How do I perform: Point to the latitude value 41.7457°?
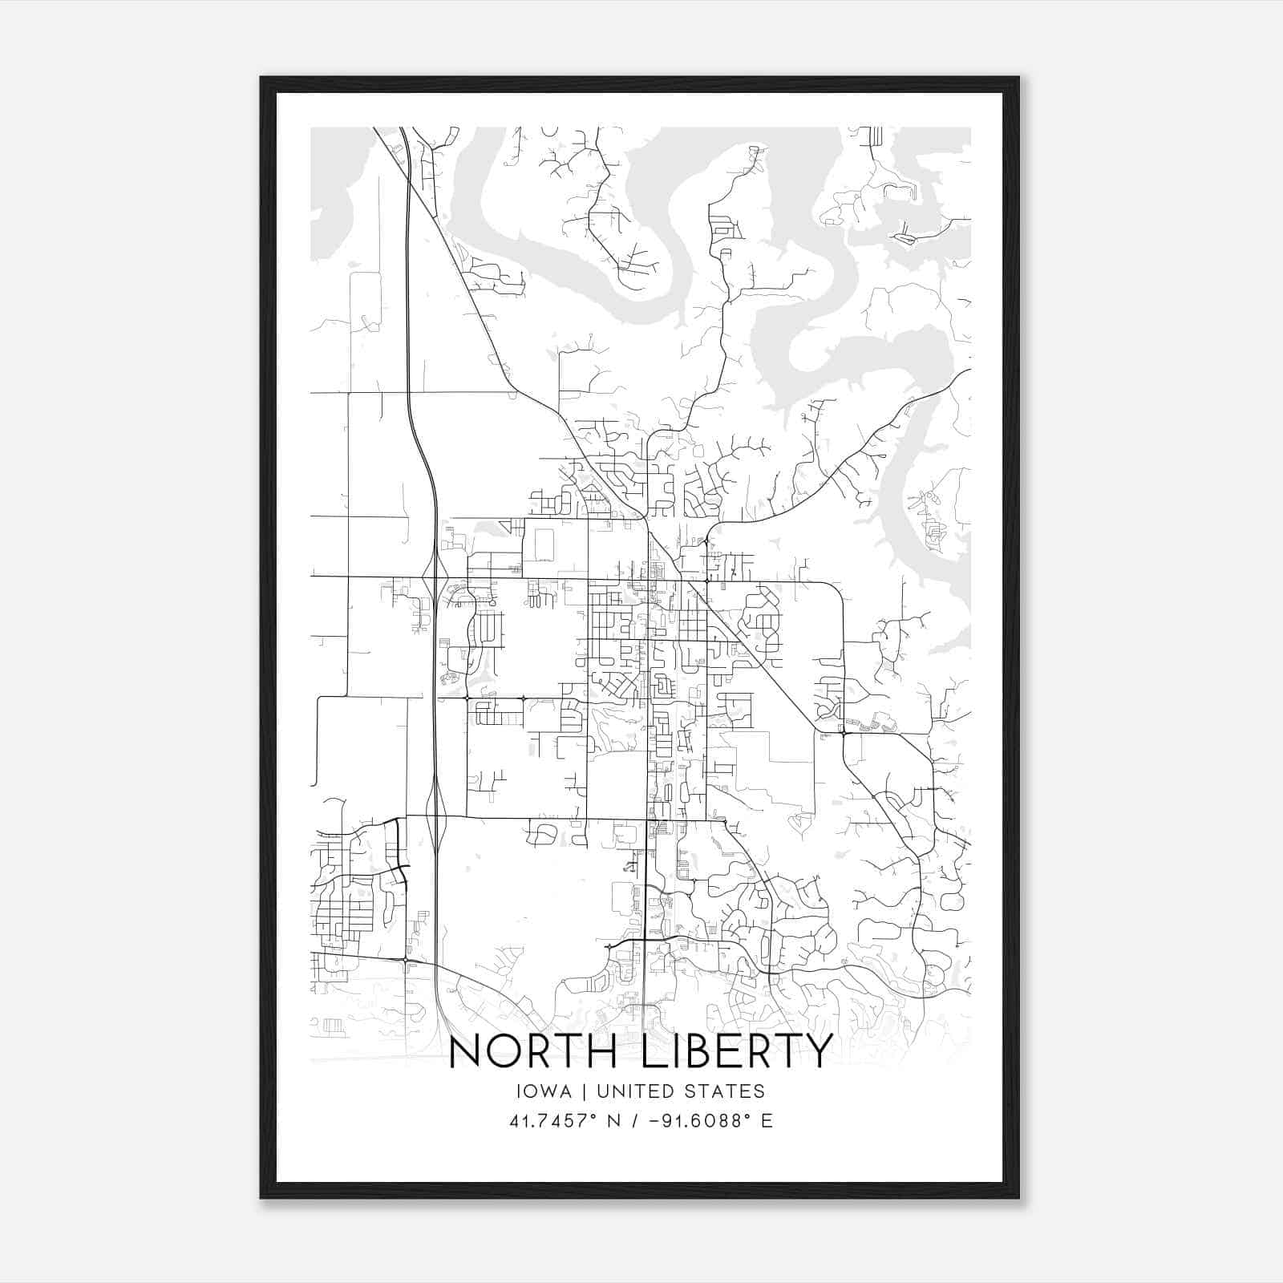(x=551, y=1121)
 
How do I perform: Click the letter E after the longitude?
(x=767, y=1121)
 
